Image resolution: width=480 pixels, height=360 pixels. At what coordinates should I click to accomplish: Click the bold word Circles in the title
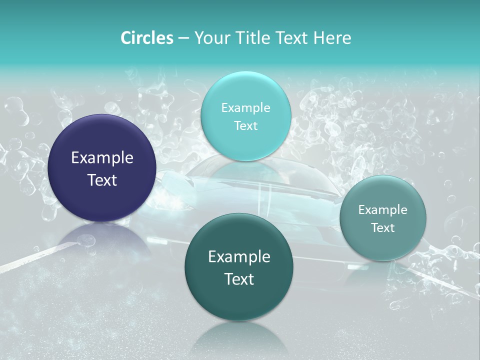pos(146,38)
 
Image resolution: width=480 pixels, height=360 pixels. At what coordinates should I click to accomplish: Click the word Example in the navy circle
pos(102,158)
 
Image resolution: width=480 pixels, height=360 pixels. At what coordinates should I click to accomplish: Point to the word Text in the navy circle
pos(102,180)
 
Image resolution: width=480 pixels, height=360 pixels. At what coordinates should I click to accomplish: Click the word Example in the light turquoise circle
pos(245,107)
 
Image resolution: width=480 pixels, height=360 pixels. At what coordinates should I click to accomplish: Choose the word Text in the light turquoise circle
pos(245,125)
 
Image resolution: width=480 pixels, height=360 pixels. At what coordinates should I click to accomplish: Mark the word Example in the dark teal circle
pos(239,257)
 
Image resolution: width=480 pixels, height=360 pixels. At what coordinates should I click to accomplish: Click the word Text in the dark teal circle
pos(239,279)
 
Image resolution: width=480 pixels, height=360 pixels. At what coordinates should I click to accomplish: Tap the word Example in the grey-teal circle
pos(383,210)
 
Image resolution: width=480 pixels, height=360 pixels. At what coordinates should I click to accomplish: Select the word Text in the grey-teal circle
pos(383,228)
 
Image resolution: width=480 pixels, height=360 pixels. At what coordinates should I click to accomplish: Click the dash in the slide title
pos(183,38)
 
